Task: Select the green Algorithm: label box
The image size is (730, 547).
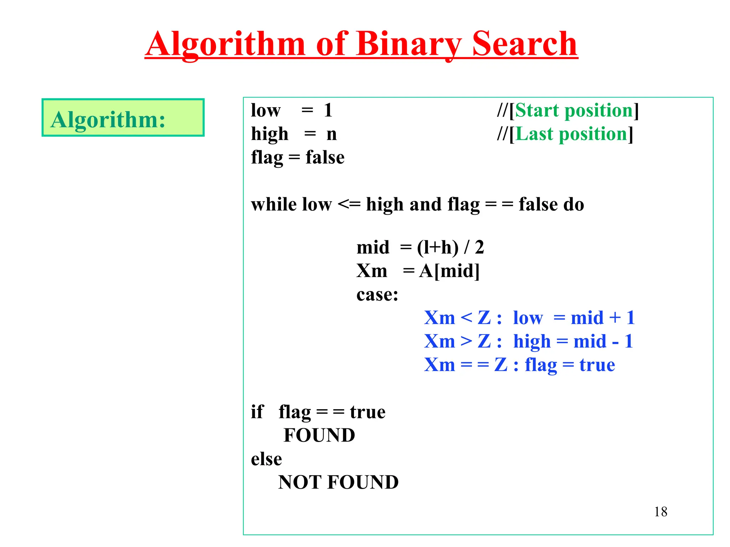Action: (123, 118)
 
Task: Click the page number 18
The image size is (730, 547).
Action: (660, 512)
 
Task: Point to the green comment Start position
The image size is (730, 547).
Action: (574, 110)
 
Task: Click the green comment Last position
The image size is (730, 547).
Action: (571, 134)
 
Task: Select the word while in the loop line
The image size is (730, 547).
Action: (273, 204)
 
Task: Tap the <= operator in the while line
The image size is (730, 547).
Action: (349, 204)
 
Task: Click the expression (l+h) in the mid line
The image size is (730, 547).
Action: (438, 247)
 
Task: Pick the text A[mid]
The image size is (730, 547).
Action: (449, 271)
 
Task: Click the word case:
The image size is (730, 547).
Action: (377, 295)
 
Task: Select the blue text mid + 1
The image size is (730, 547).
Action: (603, 318)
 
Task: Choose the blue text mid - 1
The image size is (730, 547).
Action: (603, 341)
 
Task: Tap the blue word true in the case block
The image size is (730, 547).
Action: (597, 365)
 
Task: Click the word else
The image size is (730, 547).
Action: (266, 459)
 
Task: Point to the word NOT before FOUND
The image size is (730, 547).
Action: (300, 482)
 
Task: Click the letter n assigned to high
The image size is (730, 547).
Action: (331, 134)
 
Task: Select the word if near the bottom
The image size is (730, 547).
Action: (257, 412)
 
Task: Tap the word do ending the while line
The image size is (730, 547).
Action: (574, 204)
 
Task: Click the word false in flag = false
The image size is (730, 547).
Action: (325, 157)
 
